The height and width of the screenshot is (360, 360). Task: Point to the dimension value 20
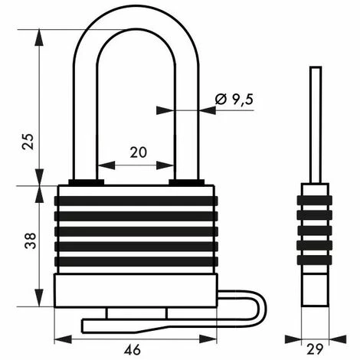pyautogui.click(x=138, y=152)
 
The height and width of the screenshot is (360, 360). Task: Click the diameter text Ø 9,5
pyautogui.click(x=234, y=98)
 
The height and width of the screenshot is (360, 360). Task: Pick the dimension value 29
pyautogui.click(x=315, y=350)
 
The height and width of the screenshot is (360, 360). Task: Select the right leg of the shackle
pyautogui.click(x=187, y=115)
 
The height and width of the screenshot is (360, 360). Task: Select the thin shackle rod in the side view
pyautogui.click(x=314, y=123)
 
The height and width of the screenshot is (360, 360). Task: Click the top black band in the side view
pyautogui.click(x=314, y=201)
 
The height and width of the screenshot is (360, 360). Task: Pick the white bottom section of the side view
pyautogui.click(x=314, y=287)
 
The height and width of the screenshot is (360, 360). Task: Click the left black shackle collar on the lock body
pyautogui.click(x=86, y=182)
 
